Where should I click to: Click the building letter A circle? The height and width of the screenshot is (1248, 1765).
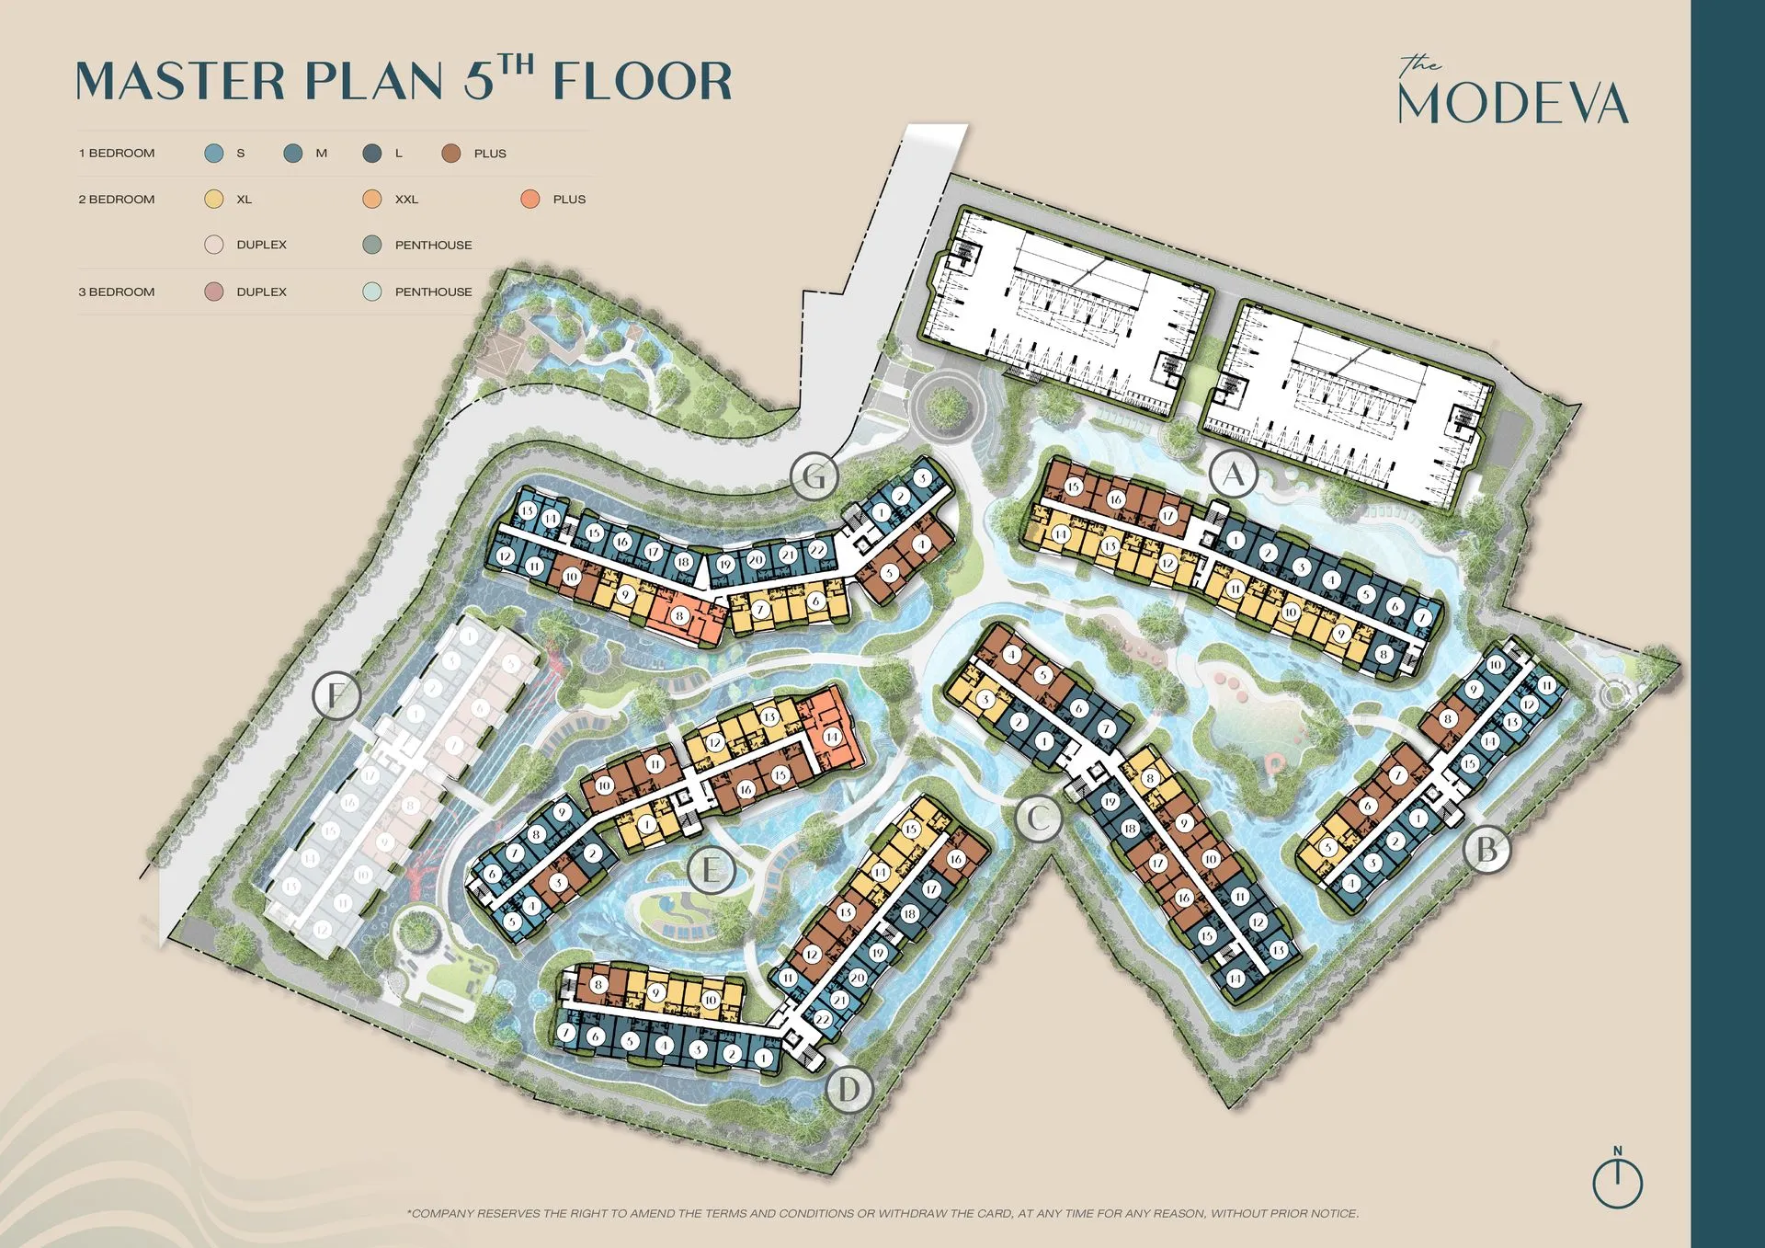(1233, 475)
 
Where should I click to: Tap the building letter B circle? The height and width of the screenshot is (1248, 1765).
(1486, 850)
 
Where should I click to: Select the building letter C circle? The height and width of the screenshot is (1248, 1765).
(1039, 817)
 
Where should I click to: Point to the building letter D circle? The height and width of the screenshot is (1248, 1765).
(848, 1090)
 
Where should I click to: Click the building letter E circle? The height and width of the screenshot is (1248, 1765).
(711, 869)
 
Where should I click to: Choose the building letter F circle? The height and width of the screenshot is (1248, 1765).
(336, 694)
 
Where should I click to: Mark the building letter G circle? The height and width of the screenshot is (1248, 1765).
(814, 476)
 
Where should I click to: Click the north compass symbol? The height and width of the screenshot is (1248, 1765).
(1617, 1181)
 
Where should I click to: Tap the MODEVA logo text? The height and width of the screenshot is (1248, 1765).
(1512, 104)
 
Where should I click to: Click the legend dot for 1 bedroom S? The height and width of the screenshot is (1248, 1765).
(214, 154)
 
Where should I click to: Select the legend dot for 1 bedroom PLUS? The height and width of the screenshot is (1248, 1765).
(450, 154)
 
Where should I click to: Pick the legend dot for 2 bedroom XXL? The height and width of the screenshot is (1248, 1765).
(372, 199)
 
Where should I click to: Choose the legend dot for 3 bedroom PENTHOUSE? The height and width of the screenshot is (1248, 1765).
(372, 292)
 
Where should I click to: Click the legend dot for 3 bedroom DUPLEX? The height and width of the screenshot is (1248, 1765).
(214, 292)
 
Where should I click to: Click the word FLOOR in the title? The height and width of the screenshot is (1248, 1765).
(643, 81)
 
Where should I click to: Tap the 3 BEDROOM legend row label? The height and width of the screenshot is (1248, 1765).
(117, 292)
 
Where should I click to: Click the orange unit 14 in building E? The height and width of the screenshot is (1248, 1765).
(832, 736)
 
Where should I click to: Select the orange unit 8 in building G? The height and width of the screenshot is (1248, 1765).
(679, 615)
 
